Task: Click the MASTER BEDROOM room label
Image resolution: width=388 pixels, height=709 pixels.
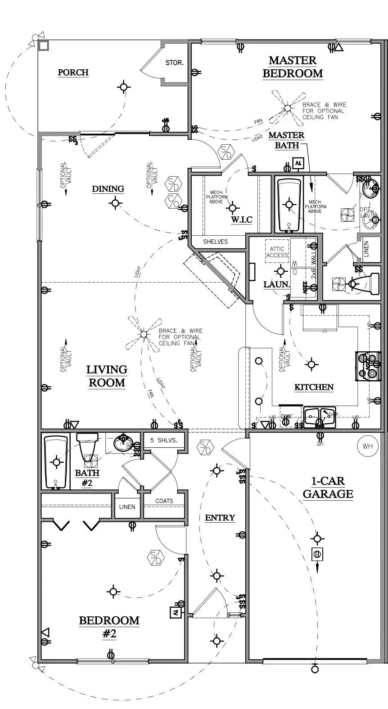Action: [x=293, y=67]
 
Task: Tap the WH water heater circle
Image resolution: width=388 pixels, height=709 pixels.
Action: [x=367, y=446]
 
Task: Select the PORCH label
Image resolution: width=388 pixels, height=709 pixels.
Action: [x=73, y=72]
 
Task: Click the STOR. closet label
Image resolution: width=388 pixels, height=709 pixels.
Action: [x=174, y=63]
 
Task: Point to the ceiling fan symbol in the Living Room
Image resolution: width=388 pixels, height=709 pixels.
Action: [x=144, y=334]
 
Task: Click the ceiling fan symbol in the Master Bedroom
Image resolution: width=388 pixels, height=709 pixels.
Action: [x=287, y=108]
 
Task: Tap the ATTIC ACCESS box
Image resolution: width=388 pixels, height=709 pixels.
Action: [x=277, y=252]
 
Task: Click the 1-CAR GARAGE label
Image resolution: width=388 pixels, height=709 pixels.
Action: [x=328, y=488]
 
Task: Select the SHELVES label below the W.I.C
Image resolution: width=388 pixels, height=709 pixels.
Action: [x=215, y=242]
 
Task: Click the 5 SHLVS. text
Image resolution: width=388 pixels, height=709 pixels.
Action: [x=164, y=440]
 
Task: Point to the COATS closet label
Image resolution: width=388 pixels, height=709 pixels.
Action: [x=164, y=501]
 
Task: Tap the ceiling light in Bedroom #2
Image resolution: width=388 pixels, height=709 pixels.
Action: [x=113, y=592]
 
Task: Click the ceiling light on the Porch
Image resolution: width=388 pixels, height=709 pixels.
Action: [x=124, y=86]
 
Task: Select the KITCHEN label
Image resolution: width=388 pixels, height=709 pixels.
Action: [x=314, y=387]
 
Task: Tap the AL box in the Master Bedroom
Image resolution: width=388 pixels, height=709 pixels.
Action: [x=298, y=163]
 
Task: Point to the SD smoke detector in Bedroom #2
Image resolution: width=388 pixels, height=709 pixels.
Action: [x=155, y=558]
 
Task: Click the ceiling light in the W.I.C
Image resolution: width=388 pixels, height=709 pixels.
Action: [x=232, y=208]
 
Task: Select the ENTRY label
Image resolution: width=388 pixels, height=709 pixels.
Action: [x=220, y=518]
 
